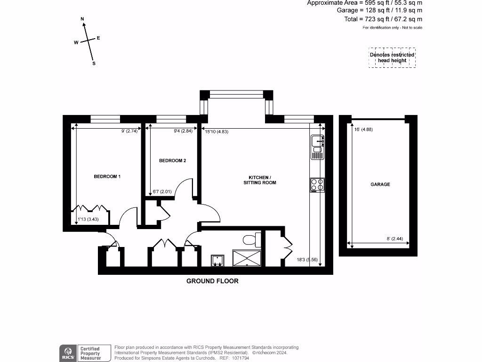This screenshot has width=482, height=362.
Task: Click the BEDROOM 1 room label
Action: point(107,176)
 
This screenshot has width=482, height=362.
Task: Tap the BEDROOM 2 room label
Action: point(172,161)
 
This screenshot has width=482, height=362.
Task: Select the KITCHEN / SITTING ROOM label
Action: point(259,180)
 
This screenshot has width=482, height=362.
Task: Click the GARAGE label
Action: point(380,184)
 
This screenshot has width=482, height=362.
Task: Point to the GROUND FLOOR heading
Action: point(212,281)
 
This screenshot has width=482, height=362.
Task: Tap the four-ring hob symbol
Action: point(317,185)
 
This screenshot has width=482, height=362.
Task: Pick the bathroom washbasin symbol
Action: point(217,260)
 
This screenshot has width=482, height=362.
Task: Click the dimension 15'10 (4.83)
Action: point(217,132)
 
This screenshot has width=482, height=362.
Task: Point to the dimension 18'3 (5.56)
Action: point(307,260)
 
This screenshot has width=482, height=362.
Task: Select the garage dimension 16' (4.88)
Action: point(363,130)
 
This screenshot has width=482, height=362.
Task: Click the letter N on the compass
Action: point(82,19)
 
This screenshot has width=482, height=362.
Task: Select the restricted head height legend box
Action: point(392,58)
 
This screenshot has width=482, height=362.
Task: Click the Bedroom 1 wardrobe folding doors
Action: point(90,208)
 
